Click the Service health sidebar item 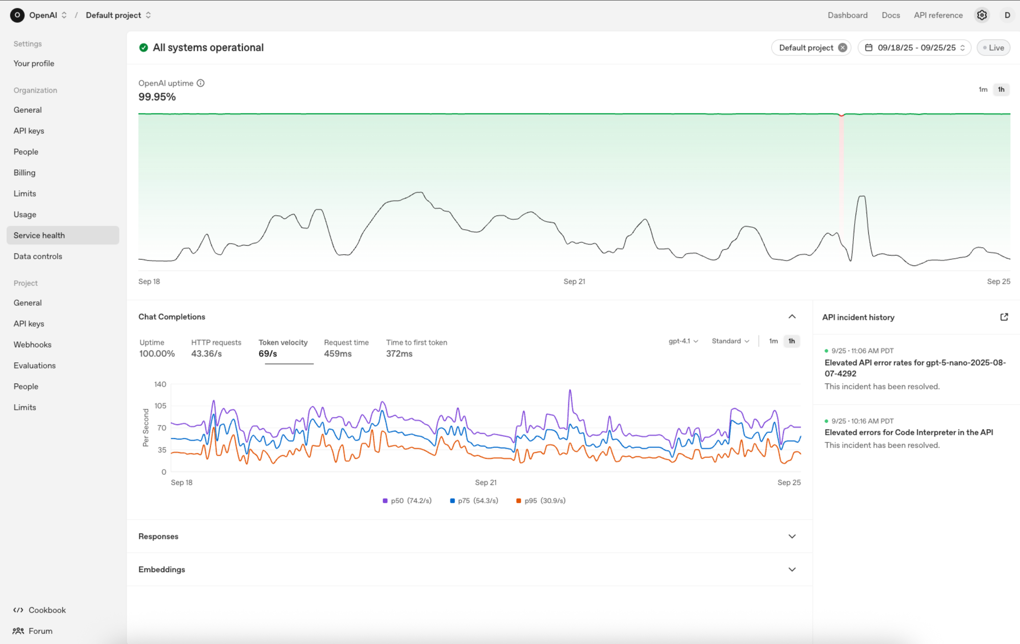[x=39, y=235]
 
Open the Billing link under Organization [x=24, y=172]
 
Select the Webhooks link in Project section [x=33, y=344]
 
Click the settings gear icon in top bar [x=982, y=15]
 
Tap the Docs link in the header [x=890, y=15]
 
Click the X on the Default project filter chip [x=843, y=47]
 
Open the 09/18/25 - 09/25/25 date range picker [x=915, y=47]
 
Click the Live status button [x=993, y=47]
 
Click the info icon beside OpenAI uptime [x=200, y=83]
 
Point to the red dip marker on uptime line [x=841, y=115]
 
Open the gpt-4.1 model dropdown [x=683, y=341]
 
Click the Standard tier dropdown [x=730, y=341]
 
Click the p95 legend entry [x=541, y=501]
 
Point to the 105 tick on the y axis [x=160, y=406]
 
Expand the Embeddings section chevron [x=792, y=569]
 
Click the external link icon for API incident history [x=1004, y=317]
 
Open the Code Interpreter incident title [x=908, y=432]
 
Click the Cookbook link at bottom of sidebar [x=47, y=610]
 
